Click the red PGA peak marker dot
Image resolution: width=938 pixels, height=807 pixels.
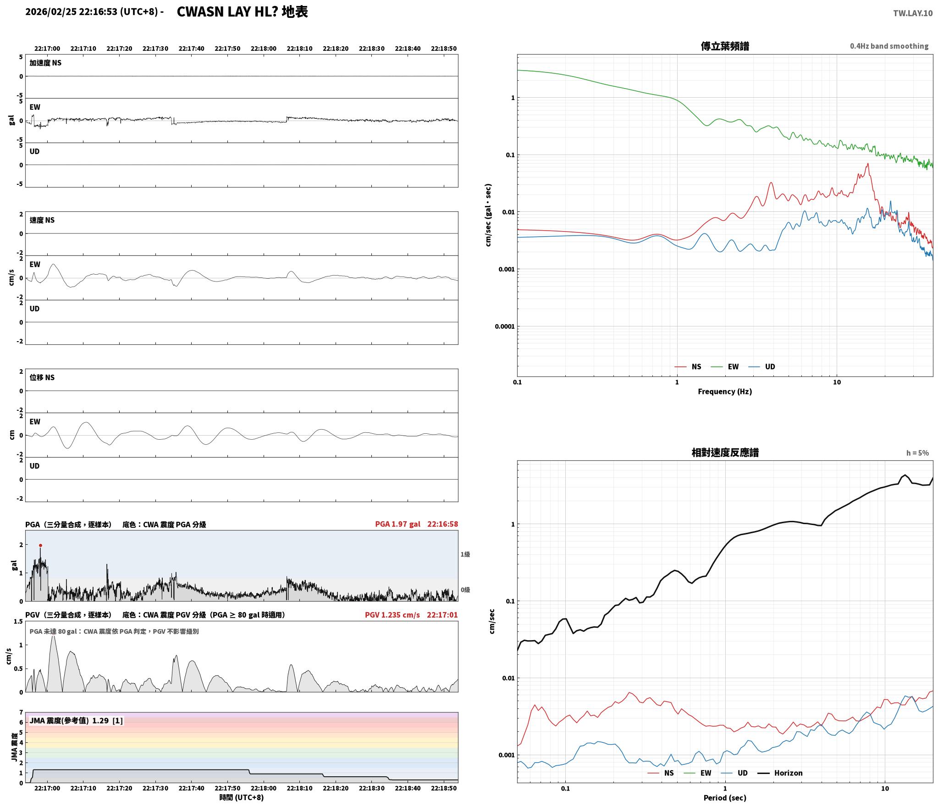tap(40, 545)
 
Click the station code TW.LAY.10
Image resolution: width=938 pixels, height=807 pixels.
tap(912, 13)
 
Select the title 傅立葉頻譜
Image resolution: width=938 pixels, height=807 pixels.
tap(725, 46)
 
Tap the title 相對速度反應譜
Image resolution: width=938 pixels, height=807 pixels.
tap(725, 453)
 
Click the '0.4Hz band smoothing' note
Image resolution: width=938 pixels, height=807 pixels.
tap(889, 46)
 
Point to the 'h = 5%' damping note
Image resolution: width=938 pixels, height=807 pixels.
tap(917, 453)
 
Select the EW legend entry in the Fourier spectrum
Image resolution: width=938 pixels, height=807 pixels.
tap(725, 366)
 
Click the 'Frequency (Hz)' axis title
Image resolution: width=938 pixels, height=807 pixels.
tap(725, 391)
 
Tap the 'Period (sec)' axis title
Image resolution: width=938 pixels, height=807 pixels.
tap(725, 798)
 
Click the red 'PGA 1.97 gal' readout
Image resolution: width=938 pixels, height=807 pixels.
tap(397, 524)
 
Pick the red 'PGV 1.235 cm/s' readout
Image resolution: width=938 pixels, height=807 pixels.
tap(392, 615)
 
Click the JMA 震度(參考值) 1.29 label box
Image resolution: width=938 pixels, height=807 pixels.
tap(76, 721)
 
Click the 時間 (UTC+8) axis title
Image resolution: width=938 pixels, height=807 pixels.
tap(242, 797)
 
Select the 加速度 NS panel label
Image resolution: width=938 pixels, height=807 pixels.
tap(45, 63)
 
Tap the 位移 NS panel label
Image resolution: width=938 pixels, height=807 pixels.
tap(42, 377)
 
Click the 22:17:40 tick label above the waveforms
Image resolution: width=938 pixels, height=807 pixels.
tap(191, 49)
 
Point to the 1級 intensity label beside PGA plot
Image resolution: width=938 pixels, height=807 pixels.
tap(465, 554)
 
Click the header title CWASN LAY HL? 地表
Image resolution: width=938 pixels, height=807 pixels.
tap(242, 12)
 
